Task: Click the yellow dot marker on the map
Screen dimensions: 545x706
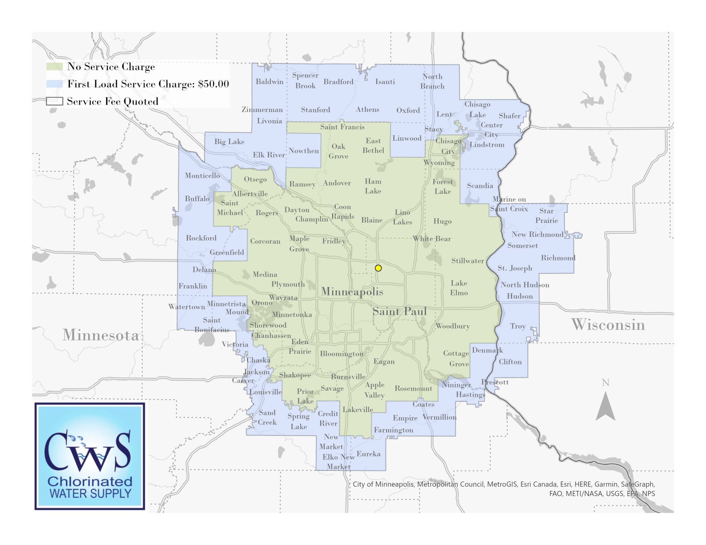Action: tap(378, 268)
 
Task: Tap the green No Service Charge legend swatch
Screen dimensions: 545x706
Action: tap(54, 66)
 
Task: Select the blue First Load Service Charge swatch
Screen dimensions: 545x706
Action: tap(54, 84)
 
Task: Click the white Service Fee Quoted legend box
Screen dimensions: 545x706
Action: tap(54, 101)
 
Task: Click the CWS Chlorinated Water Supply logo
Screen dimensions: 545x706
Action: tap(90, 456)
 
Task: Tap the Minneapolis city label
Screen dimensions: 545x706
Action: tap(352, 292)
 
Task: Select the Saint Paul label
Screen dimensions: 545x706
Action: tap(399, 311)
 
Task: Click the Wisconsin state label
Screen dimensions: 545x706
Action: tap(608, 325)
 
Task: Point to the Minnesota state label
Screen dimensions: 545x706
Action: tap(100, 335)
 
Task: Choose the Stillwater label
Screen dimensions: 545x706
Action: tap(467, 261)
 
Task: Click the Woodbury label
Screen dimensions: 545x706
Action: tap(453, 326)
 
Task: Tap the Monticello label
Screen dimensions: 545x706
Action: tap(202, 176)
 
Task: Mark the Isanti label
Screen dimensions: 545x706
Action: tap(385, 82)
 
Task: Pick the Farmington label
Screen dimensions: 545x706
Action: tap(393, 430)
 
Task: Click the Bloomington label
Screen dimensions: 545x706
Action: tap(342, 354)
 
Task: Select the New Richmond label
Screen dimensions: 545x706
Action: tap(537, 234)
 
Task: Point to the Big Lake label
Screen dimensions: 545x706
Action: tap(229, 142)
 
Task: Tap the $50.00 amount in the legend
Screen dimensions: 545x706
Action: tap(213, 84)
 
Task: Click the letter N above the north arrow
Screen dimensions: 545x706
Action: tap(606, 383)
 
